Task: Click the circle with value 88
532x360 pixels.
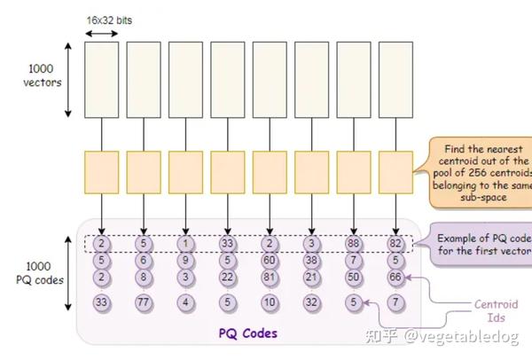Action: pos(353,243)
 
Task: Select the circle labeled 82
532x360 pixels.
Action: pos(395,243)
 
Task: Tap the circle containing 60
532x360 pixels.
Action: pos(269,261)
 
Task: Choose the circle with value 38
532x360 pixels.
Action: pos(310,261)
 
